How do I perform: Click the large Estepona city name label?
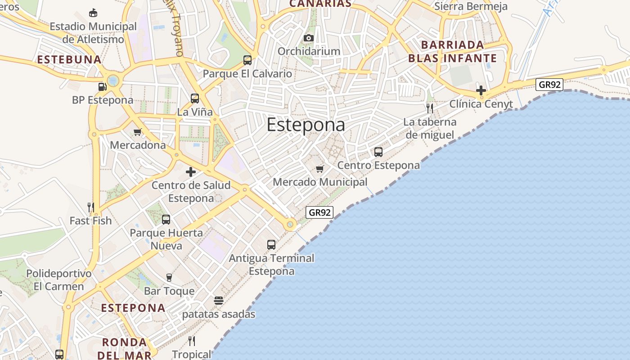click(306, 125)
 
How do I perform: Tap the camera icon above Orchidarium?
click(309, 38)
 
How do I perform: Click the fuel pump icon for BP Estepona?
click(102, 86)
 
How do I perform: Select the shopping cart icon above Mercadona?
click(138, 132)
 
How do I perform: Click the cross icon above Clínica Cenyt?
click(481, 90)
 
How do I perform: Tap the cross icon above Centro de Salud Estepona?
click(191, 172)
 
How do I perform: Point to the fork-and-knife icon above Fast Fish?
click(91, 207)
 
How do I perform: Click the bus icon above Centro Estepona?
click(378, 152)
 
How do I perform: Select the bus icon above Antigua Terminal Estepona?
click(271, 245)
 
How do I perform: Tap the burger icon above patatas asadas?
click(219, 301)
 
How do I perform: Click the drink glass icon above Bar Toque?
click(169, 278)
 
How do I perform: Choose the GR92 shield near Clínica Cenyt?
click(549, 85)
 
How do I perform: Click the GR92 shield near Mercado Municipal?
click(319, 212)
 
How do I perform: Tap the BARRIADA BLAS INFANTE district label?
click(452, 51)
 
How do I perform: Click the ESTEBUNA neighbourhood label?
click(69, 59)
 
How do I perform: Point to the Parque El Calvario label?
click(247, 73)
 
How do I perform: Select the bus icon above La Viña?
click(195, 99)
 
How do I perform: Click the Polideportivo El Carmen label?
click(58, 280)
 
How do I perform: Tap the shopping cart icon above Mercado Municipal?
click(319, 169)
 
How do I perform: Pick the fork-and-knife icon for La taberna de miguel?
click(430, 108)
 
